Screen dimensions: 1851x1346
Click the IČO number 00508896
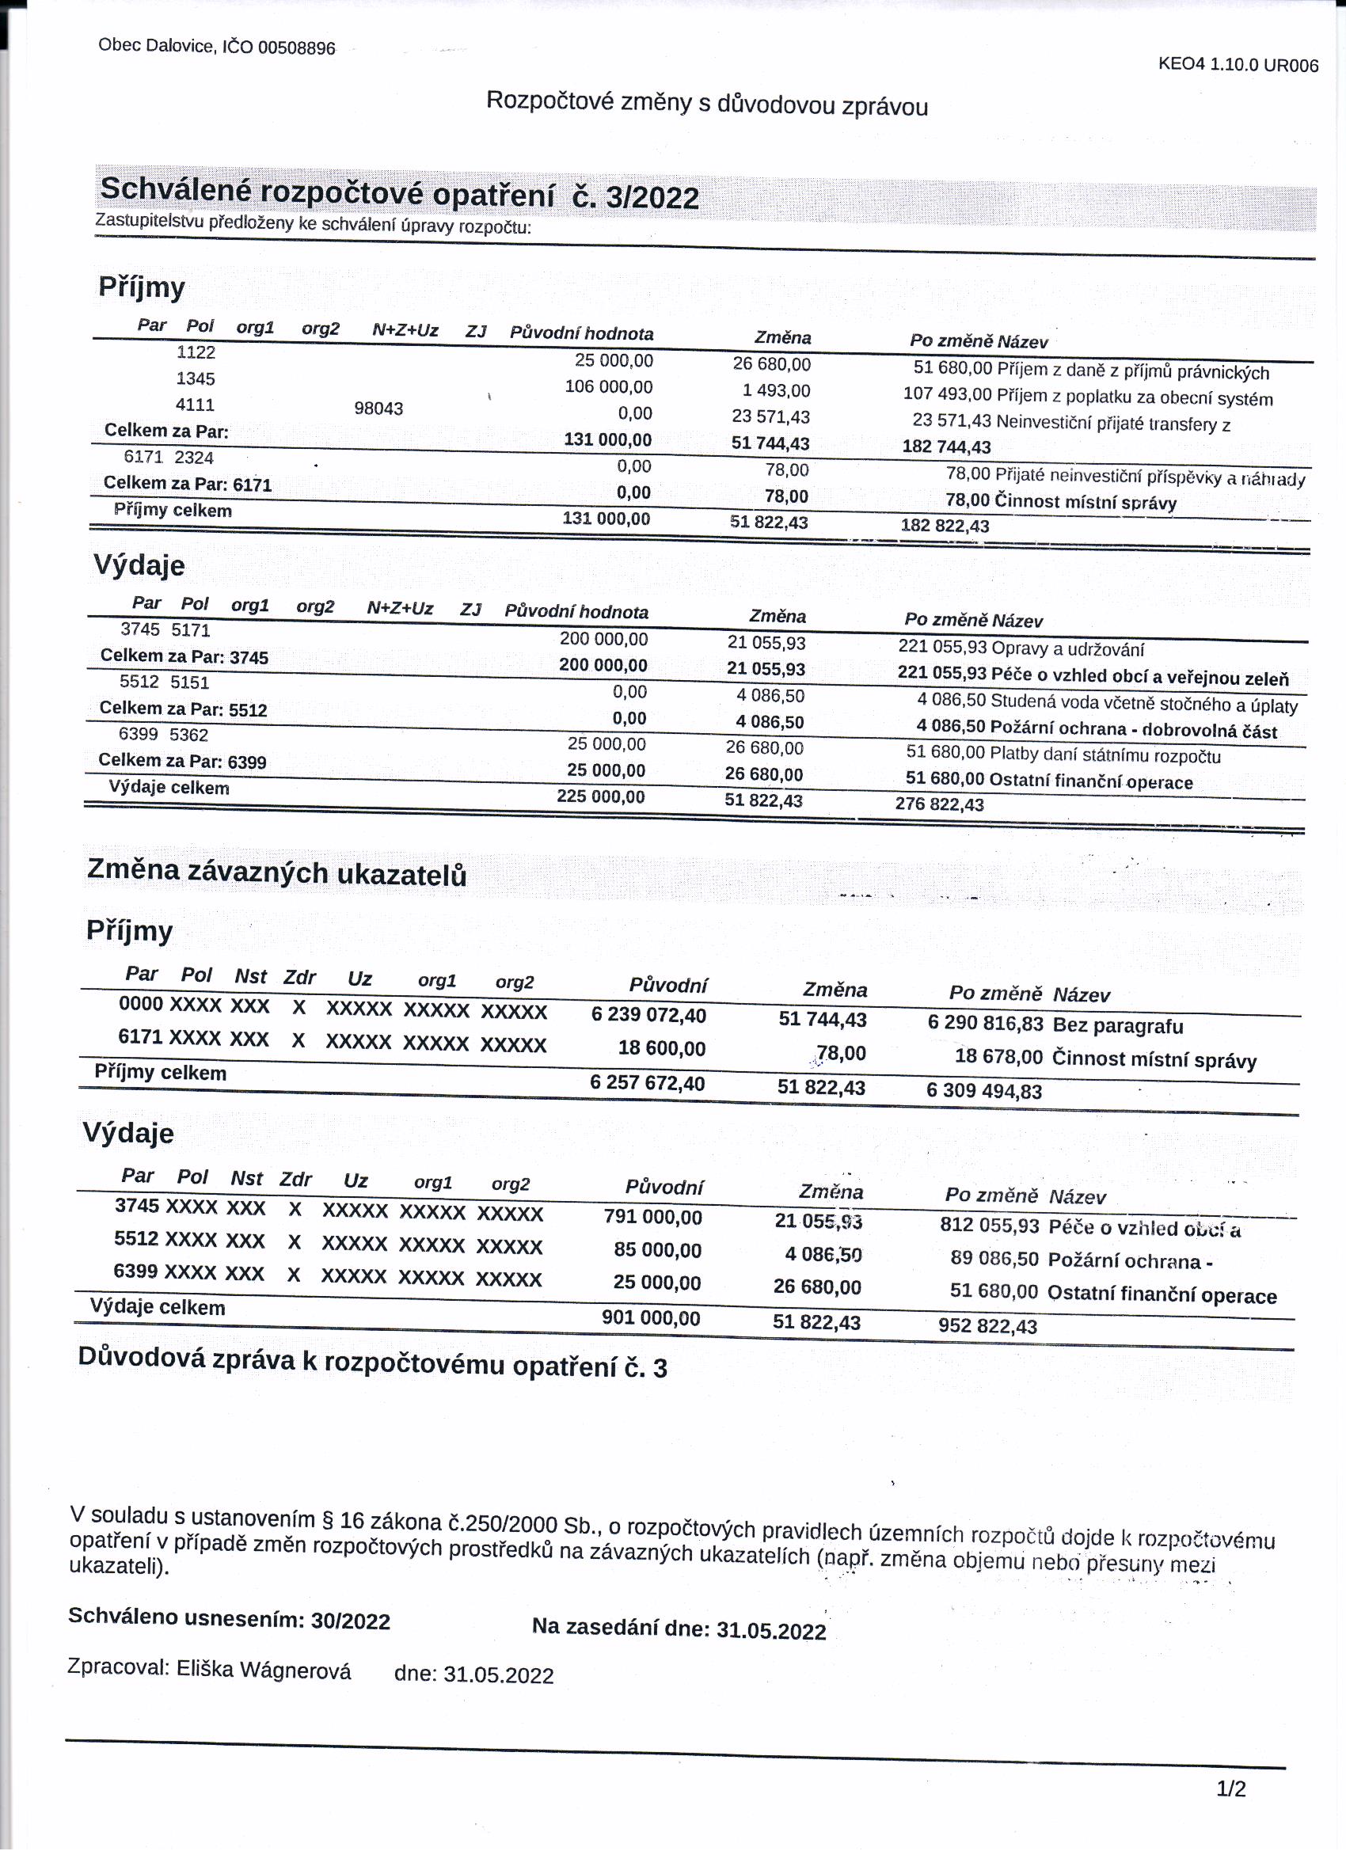point(296,48)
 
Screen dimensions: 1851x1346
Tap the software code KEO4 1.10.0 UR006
point(1238,65)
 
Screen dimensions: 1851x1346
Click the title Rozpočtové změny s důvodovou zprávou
point(707,104)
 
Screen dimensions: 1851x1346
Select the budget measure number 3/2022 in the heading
point(652,198)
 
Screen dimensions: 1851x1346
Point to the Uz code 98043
point(378,408)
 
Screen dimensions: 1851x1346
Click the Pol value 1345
point(196,378)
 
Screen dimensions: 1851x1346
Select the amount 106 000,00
point(608,387)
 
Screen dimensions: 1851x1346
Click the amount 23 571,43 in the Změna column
point(770,417)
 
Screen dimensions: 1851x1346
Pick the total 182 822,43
point(945,526)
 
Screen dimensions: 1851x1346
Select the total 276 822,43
point(940,804)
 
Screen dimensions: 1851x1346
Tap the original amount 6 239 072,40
point(648,1015)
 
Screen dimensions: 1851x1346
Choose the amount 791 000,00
point(652,1217)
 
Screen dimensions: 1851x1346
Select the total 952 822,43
point(987,1326)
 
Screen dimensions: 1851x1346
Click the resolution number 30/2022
point(350,1621)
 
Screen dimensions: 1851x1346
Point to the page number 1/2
point(1231,1790)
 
